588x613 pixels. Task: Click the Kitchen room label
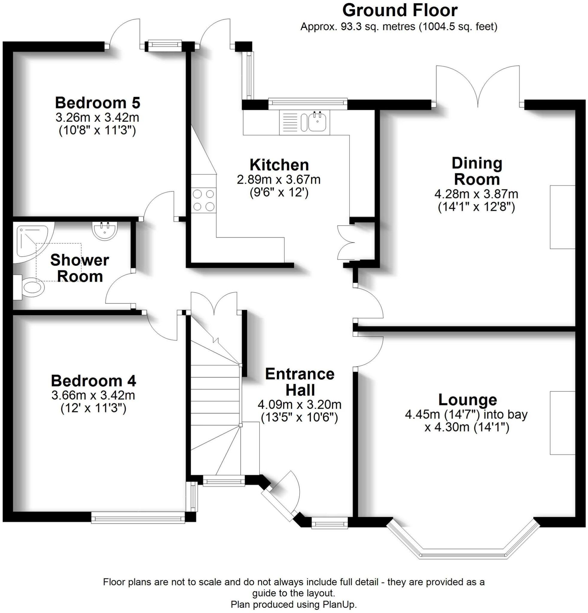279,165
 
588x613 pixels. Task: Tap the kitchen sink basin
318,122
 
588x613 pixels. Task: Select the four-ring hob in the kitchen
203,200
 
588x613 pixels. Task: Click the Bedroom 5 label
98,103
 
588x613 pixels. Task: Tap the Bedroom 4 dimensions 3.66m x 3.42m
93,395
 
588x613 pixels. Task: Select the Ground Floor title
400,10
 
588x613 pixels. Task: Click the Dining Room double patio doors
478,86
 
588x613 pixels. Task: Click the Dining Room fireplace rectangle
562,217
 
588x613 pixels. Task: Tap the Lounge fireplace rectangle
562,423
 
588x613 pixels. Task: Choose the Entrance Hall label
300,382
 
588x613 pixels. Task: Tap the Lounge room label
467,400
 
